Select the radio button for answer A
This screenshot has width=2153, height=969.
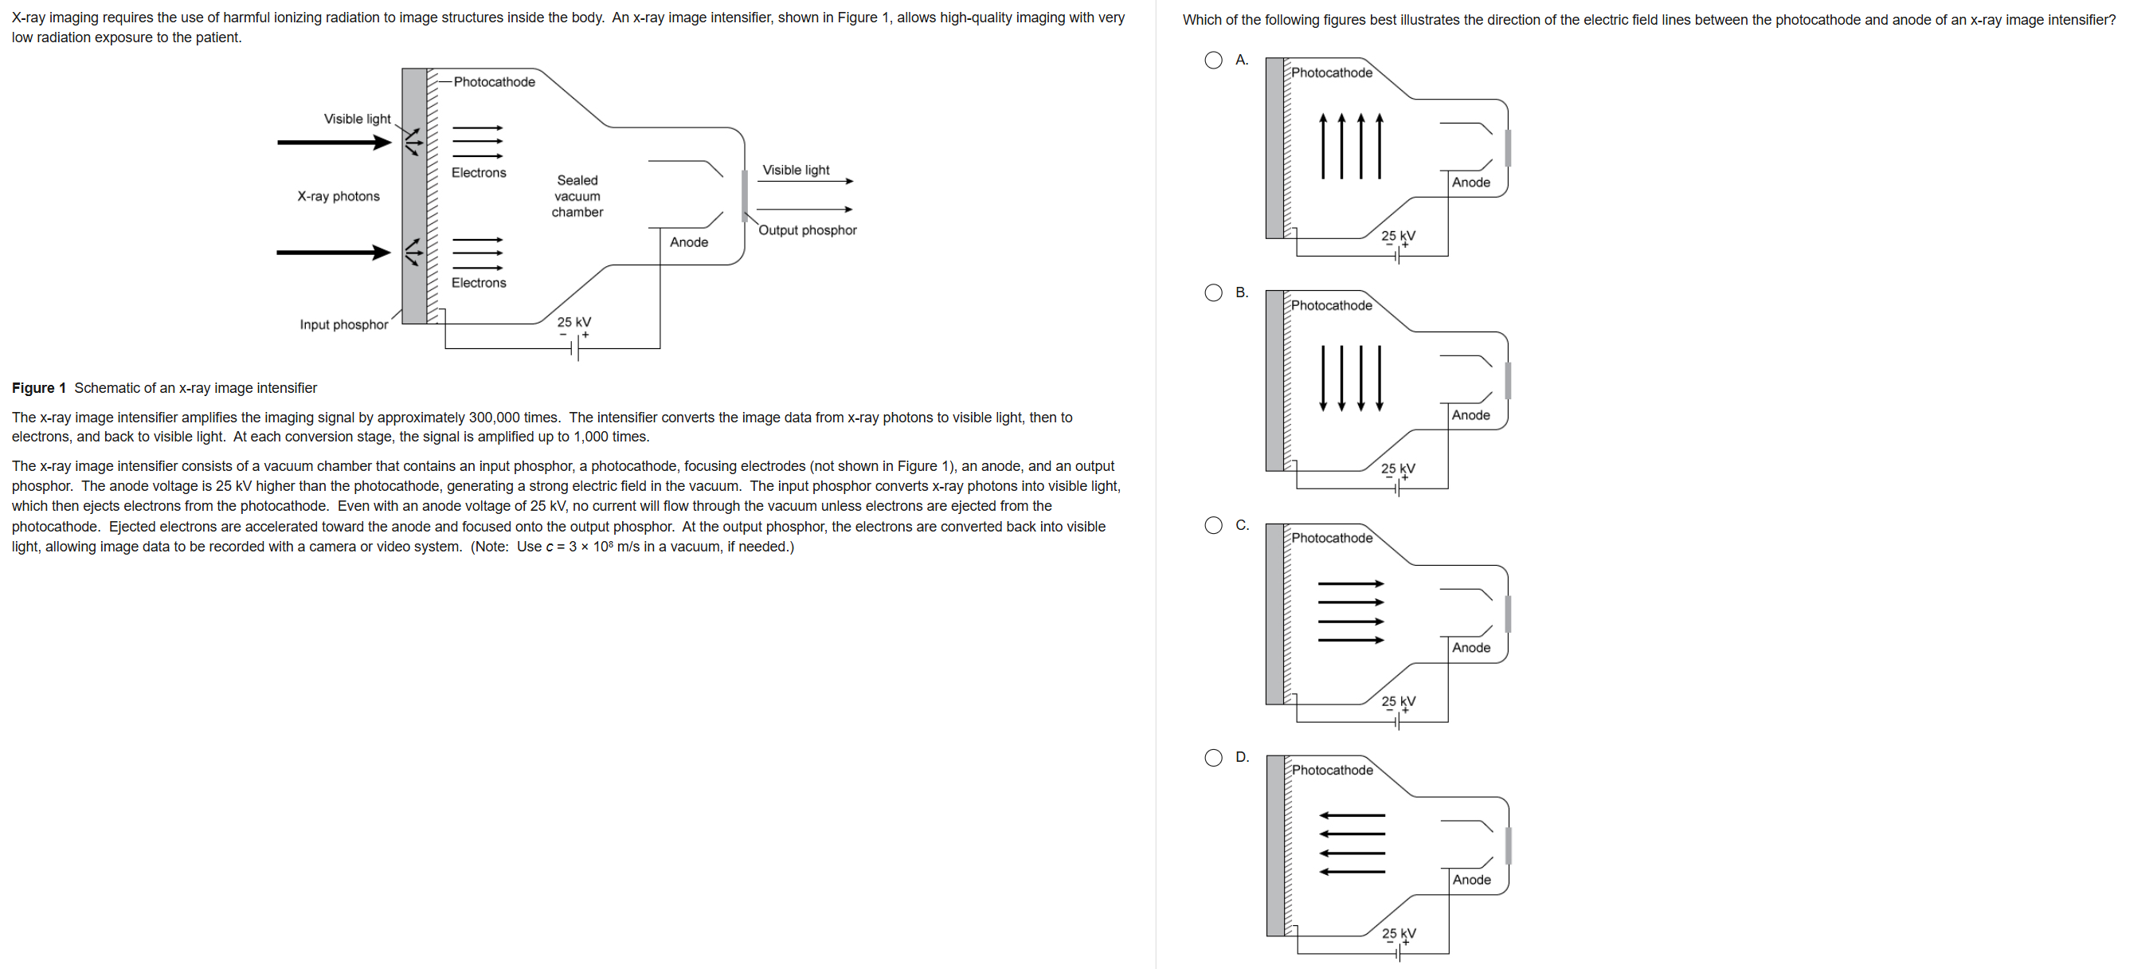(x=1214, y=61)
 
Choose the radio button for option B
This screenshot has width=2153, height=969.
(x=1214, y=292)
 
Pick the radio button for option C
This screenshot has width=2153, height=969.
(x=1214, y=525)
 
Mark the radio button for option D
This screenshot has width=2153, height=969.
(x=1214, y=758)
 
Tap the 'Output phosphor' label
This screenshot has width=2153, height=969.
(x=808, y=230)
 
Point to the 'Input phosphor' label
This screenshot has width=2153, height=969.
(x=343, y=324)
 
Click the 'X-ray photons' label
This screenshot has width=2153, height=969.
(x=339, y=196)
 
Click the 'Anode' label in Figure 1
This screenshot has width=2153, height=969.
(x=689, y=241)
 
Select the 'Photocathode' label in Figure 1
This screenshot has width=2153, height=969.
(x=494, y=82)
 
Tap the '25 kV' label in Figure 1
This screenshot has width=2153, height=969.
(x=574, y=322)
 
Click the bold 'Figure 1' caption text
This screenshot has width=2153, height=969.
(x=38, y=388)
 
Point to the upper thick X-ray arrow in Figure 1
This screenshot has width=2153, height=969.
(x=334, y=143)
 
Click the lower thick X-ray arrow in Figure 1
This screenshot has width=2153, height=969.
(x=334, y=253)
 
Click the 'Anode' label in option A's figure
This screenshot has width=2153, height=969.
(x=1471, y=182)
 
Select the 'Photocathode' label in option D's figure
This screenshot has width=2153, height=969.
(x=1333, y=770)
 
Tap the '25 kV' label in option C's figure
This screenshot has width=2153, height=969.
(x=1398, y=700)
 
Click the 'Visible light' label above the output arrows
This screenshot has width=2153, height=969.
(x=796, y=170)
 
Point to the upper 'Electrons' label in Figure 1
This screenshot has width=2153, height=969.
(x=479, y=172)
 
